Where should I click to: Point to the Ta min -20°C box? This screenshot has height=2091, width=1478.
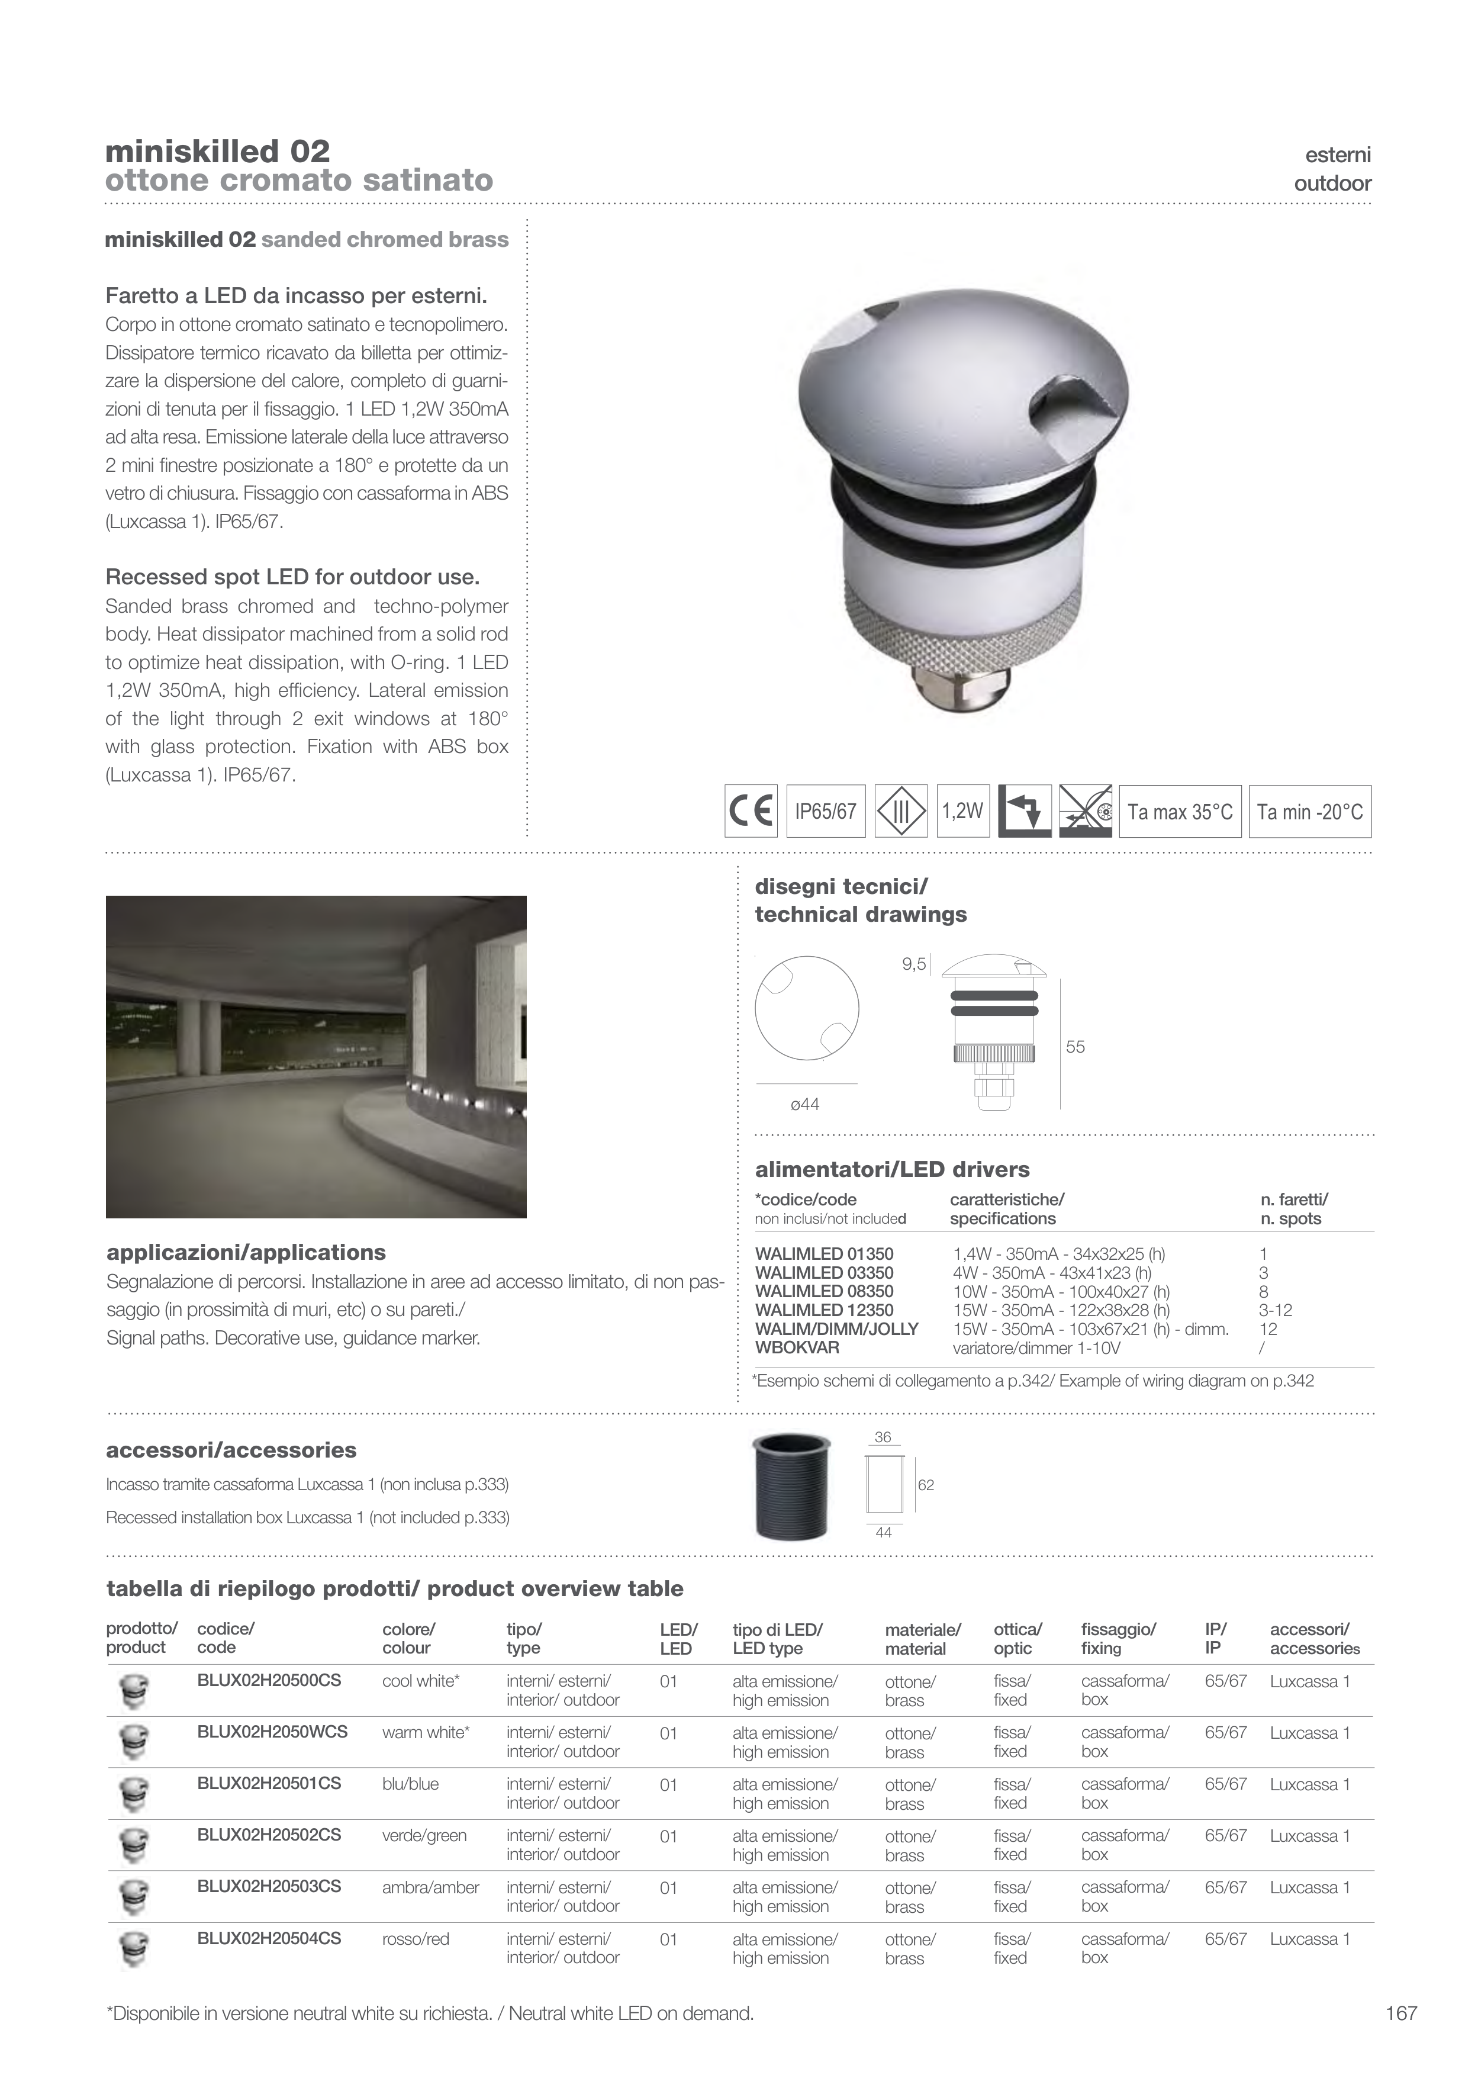tap(1309, 812)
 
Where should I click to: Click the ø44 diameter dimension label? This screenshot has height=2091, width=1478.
tap(805, 1105)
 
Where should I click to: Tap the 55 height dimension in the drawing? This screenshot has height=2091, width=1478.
tap(1076, 1047)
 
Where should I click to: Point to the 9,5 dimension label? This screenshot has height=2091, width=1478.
tap(913, 964)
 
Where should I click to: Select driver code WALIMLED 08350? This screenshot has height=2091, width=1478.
tap(824, 1291)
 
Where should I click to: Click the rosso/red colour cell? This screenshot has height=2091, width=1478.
tap(416, 1939)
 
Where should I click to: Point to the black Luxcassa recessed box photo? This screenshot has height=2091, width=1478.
tap(791, 1487)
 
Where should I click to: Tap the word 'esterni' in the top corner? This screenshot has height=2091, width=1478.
tap(1337, 155)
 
